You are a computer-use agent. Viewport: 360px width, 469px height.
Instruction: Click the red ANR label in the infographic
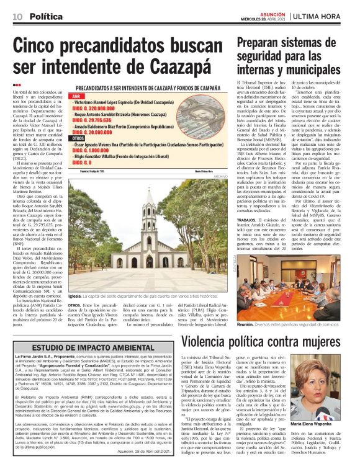point(77,97)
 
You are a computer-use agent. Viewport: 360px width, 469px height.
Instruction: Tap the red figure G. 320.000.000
point(96,108)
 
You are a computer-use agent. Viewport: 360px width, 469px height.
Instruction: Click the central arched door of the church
point(150,261)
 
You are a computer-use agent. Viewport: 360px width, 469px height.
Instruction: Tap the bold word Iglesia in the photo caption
point(77,297)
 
